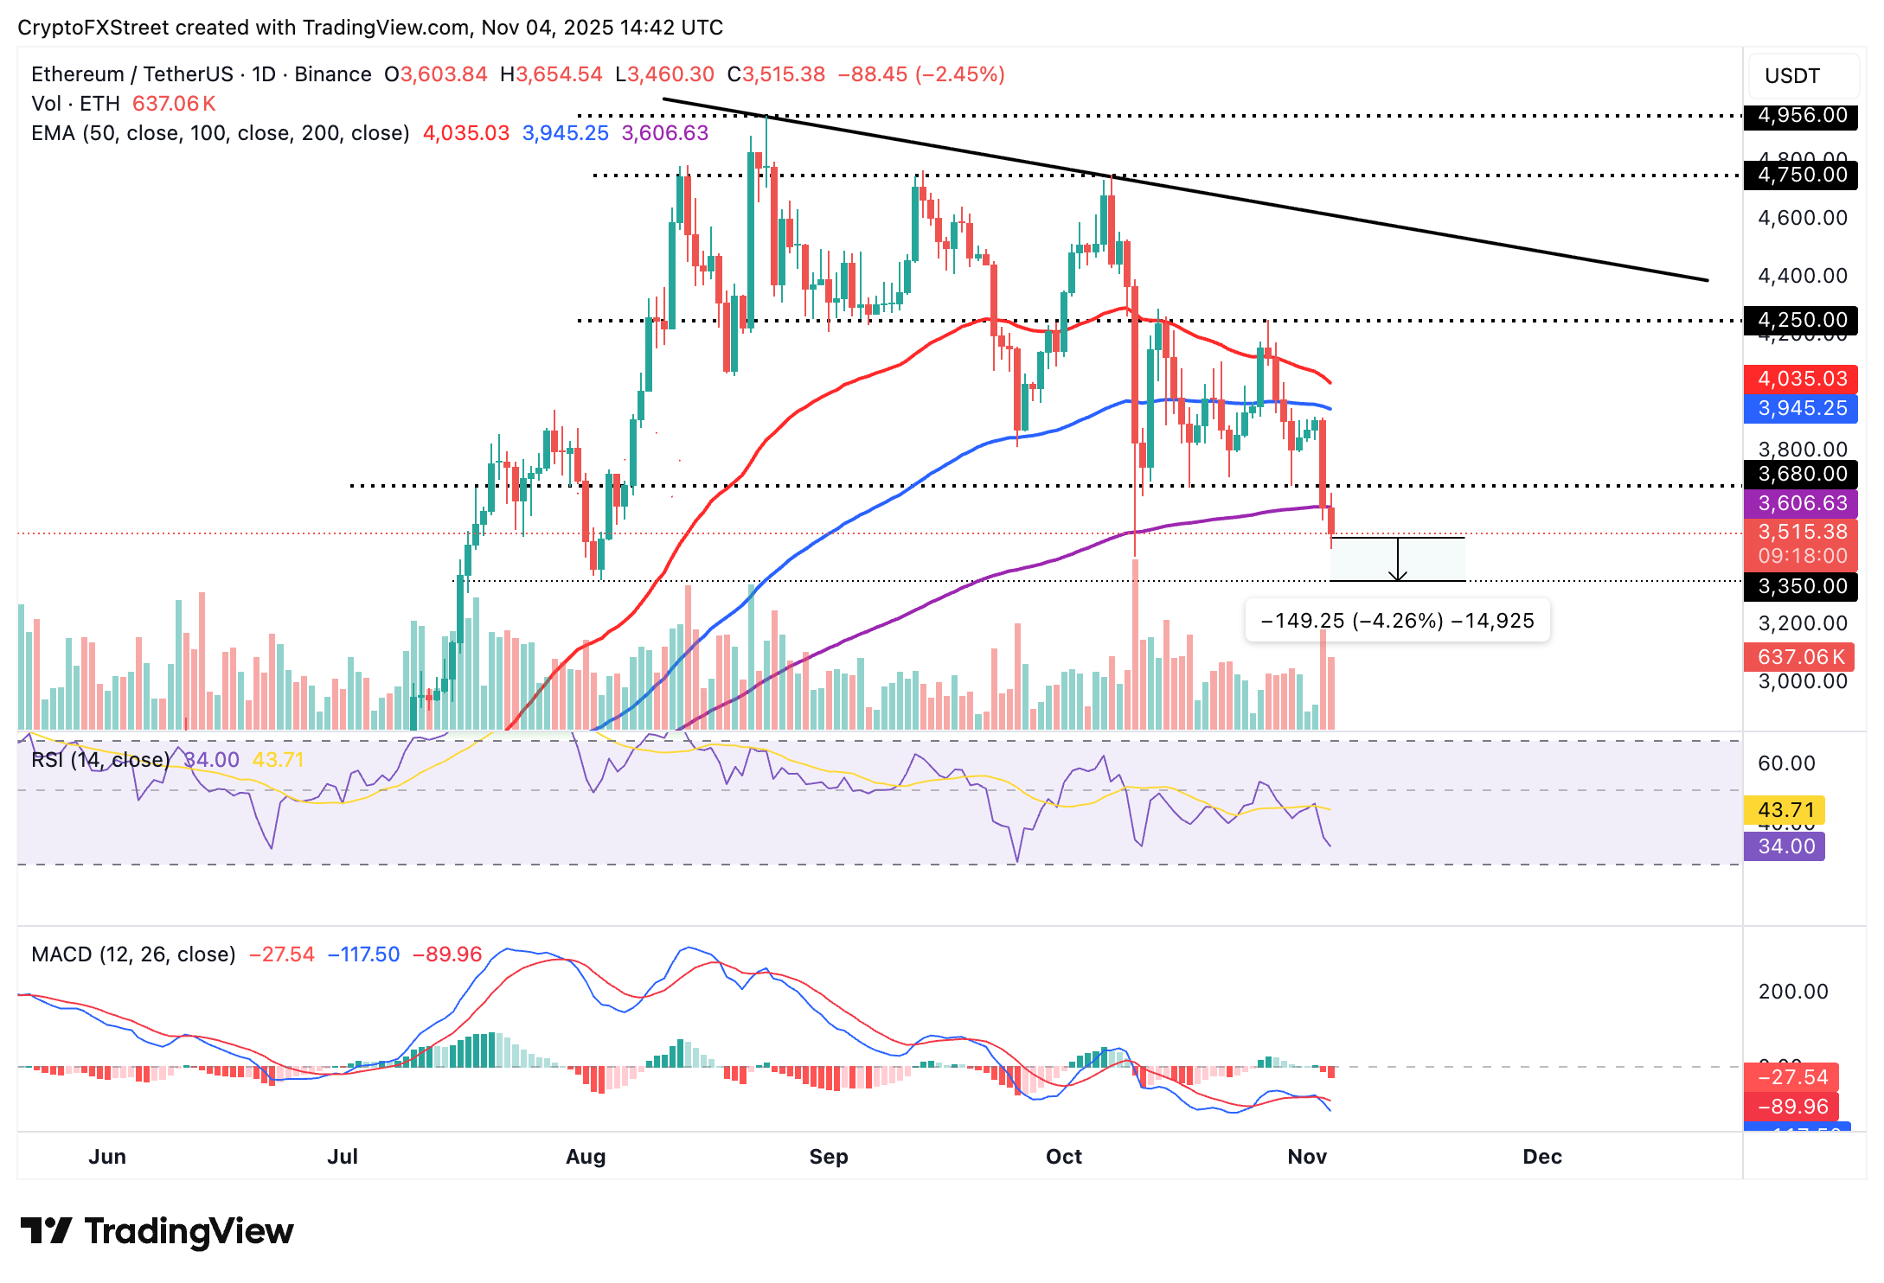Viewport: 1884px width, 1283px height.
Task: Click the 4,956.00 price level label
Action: (1801, 115)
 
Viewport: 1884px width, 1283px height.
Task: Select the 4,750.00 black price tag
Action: (1801, 175)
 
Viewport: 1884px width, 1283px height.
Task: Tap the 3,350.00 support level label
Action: (1801, 586)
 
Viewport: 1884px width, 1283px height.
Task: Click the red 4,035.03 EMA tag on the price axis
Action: (1801, 379)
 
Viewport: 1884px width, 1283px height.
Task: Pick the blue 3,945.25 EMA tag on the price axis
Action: (1801, 408)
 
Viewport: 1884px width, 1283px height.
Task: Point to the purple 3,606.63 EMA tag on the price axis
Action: (1801, 503)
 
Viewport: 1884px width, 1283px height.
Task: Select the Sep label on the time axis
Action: (828, 1157)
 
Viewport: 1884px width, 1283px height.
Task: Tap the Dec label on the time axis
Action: (1541, 1157)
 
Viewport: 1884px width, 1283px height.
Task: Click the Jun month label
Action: (107, 1157)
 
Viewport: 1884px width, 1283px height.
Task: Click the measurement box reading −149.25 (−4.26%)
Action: (1397, 621)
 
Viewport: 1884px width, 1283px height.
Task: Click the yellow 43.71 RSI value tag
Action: (1785, 810)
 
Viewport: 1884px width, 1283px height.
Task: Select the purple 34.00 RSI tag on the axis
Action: (1785, 846)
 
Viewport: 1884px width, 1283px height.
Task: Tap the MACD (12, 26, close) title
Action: (133, 954)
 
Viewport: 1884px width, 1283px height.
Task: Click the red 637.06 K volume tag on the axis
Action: (1799, 657)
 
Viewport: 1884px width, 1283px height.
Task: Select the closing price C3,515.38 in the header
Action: (776, 74)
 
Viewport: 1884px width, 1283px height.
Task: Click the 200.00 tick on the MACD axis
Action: (1792, 992)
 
